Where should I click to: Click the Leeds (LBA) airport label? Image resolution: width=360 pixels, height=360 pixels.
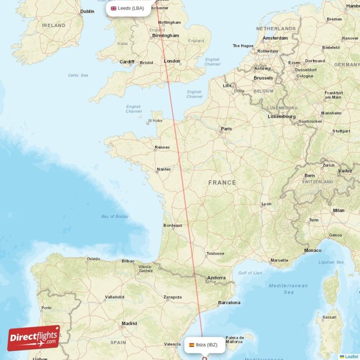(x=128, y=8)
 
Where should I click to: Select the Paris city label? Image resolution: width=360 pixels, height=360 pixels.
(x=226, y=129)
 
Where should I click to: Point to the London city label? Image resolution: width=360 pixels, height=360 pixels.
(x=172, y=61)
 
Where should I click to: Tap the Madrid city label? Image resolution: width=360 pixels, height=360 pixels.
(x=129, y=323)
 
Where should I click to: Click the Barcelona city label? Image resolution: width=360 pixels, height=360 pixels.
(x=229, y=303)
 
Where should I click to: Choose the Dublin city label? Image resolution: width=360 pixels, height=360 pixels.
(x=87, y=11)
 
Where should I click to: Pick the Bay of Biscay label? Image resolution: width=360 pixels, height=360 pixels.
(x=115, y=216)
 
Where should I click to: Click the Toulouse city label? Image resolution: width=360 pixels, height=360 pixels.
(x=215, y=253)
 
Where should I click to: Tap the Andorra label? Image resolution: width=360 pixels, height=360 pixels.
(x=216, y=278)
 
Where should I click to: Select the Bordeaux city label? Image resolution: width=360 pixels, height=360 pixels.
(x=173, y=225)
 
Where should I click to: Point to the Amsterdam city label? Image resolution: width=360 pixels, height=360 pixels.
(x=275, y=38)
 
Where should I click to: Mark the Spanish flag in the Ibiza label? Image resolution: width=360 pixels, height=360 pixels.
(x=192, y=345)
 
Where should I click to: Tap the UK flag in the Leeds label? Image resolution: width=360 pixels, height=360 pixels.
(x=113, y=8)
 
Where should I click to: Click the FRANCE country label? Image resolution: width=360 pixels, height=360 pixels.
(x=222, y=182)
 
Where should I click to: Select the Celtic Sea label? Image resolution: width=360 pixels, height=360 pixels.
(x=78, y=75)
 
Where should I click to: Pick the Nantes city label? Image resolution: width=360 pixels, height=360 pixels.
(x=164, y=169)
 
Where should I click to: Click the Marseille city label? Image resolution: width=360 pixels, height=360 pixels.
(x=279, y=260)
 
